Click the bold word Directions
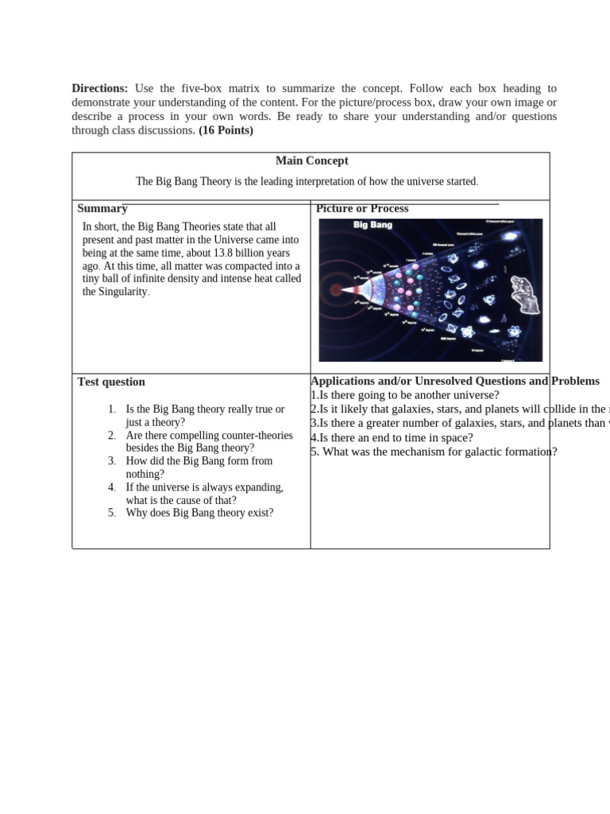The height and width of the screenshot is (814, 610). click(99, 88)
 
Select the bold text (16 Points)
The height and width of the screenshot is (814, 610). click(226, 130)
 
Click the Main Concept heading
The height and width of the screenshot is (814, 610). click(311, 161)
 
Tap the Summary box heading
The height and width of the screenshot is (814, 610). click(102, 208)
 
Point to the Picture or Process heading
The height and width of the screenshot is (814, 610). click(362, 208)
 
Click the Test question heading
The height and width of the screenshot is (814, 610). click(111, 382)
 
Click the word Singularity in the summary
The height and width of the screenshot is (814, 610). click(122, 292)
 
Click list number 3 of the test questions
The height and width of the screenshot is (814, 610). click(112, 461)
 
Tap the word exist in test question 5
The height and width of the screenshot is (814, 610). click(261, 513)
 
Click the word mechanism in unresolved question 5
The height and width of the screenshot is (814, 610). click(402, 452)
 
